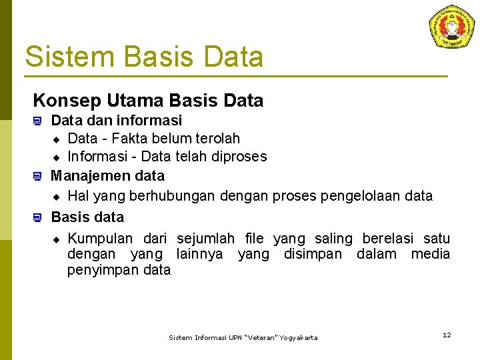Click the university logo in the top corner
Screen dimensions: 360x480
(451, 27)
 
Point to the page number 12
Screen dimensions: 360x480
(447, 335)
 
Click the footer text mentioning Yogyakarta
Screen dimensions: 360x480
(243, 338)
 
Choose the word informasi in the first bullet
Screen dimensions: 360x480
(149, 121)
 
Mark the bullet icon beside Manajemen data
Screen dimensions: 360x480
(38, 177)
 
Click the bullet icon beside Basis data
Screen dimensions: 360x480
(38, 217)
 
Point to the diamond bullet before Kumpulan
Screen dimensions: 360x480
(57, 239)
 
